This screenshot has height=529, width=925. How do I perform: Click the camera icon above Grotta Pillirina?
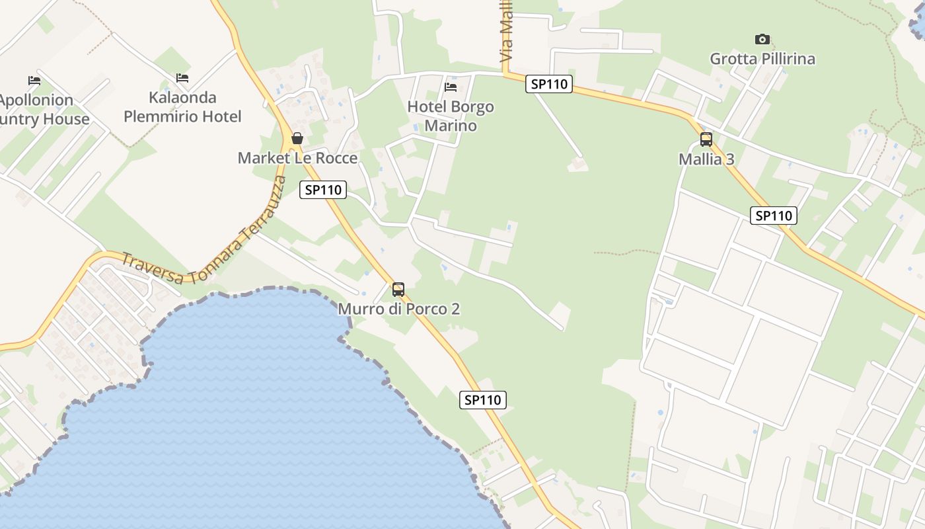(762, 40)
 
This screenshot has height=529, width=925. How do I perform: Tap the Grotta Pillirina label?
(762, 59)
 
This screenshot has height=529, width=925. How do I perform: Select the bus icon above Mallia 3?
(706, 140)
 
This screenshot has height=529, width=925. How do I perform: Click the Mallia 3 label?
(706, 159)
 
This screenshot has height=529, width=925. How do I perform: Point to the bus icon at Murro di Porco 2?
(398, 289)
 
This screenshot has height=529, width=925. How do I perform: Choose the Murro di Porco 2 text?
(398, 309)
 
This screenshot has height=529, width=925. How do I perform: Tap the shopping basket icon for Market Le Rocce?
(297, 138)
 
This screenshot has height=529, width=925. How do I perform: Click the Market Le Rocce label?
(297, 158)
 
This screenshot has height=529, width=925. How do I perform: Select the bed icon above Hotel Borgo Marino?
(451, 87)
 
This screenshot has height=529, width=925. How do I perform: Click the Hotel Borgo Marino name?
(451, 116)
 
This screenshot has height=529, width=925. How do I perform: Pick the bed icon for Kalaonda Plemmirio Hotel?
(182, 78)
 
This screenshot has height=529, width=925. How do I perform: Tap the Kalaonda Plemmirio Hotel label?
(182, 107)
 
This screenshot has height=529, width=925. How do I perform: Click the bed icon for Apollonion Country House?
(34, 81)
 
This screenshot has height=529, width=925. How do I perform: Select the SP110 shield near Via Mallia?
(548, 84)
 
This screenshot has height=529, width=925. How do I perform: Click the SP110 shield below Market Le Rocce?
(322, 190)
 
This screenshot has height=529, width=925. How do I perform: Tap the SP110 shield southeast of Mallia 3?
(773, 216)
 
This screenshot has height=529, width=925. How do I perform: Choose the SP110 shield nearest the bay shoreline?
(483, 399)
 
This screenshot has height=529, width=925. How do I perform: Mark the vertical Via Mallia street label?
(507, 32)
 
